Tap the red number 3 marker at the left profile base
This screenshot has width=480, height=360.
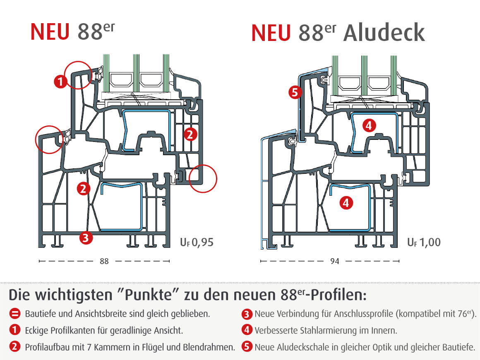click(x=85, y=238)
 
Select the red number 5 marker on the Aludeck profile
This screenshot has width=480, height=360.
click(x=295, y=92)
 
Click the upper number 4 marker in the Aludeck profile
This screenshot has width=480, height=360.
click(x=370, y=125)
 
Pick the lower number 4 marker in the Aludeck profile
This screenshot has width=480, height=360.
click(x=346, y=202)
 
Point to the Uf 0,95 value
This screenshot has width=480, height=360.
click(x=197, y=242)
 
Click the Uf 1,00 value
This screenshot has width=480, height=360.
click(x=424, y=242)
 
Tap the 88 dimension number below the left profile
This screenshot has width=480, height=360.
click(x=104, y=261)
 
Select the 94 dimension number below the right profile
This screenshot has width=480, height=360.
click(x=334, y=261)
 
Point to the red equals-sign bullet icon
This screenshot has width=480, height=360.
click(x=15, y=314)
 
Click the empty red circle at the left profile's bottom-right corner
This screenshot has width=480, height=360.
click(x=203, y=178)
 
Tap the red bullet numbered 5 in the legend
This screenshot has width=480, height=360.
click(x=247, y=347)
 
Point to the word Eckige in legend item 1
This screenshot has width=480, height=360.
click(x=36, y=330)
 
